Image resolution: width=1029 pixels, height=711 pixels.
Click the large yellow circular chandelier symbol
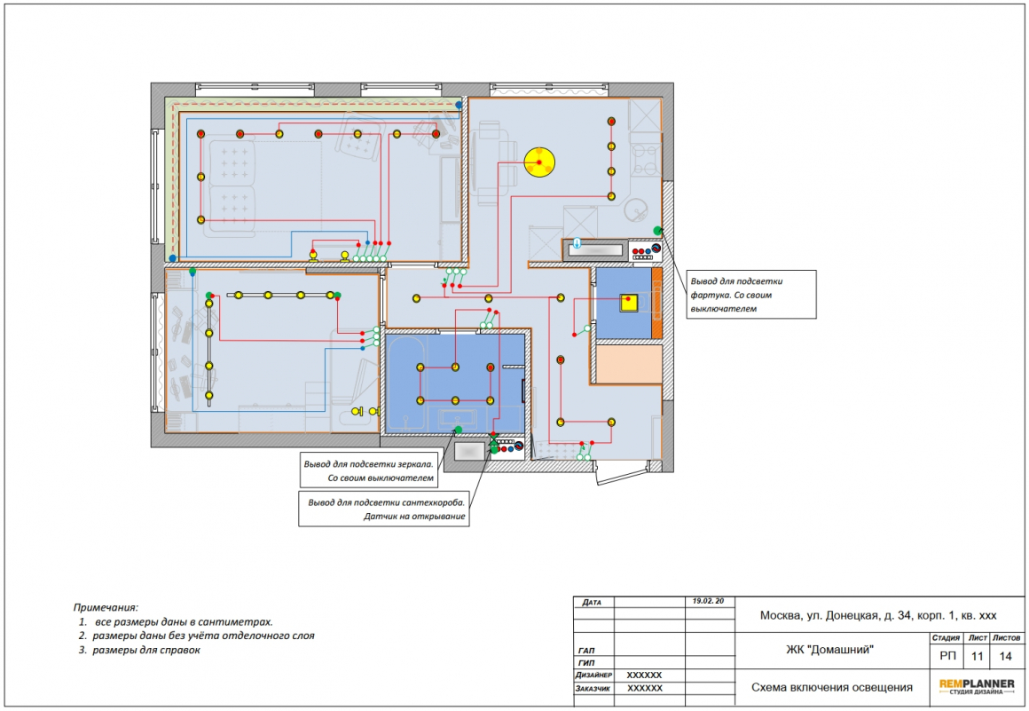(539, 162)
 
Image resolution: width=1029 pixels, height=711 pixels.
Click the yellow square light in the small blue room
(629, 303)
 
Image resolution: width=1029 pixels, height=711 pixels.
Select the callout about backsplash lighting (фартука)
(751, 295)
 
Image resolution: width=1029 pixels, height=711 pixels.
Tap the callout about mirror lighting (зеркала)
(369, 470)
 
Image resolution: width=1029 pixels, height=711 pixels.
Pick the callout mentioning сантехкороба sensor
(384, 509)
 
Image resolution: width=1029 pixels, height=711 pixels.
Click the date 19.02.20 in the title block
(708, 601)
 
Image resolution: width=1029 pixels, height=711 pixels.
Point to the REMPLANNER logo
(977, 687)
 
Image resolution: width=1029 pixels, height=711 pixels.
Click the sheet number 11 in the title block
(978, 656)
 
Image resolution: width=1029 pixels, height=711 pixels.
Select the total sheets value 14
(1005, 656)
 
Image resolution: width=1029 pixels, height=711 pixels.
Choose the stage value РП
(947, 656)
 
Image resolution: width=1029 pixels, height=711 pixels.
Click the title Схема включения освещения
(831, 687)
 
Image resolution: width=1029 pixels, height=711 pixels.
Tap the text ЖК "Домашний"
(830, 650)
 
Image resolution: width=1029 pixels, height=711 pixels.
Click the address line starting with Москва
(878, 615)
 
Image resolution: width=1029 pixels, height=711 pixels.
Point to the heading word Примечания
(106, 608)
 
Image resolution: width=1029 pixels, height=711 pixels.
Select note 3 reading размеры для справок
(139, 650)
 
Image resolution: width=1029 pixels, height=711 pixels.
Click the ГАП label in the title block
(586, 651)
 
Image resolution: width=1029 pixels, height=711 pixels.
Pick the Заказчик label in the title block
(593, 689)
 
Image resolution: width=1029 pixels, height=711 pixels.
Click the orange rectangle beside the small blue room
(656, 303)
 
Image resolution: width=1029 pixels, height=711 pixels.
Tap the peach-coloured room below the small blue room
(629, 364)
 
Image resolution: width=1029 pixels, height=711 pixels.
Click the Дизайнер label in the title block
(594, 675)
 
